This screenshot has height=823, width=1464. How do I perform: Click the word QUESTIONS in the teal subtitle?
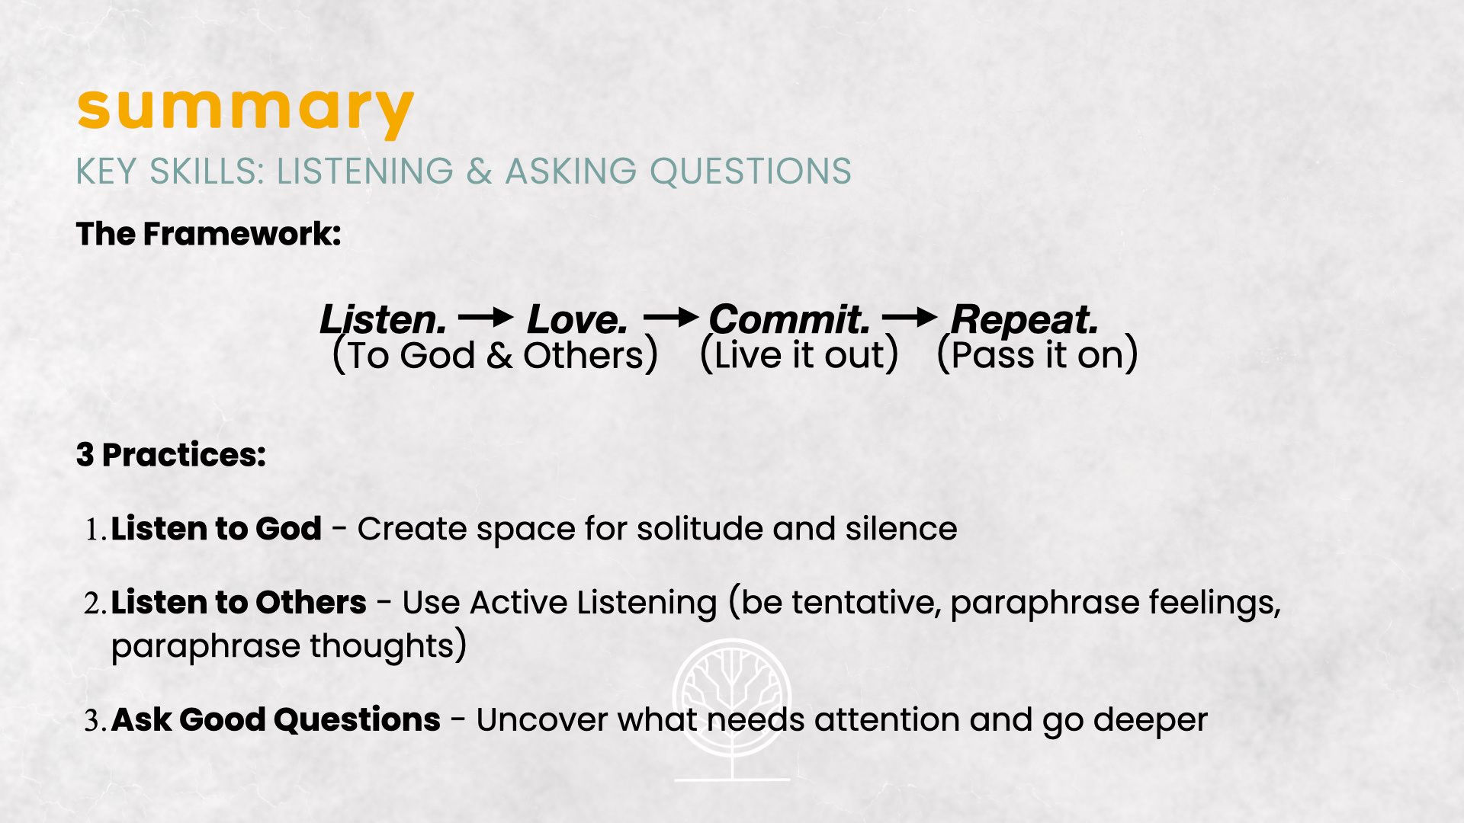click(x=750, y=171)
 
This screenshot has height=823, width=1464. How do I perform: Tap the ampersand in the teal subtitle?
click(x=479, y=171)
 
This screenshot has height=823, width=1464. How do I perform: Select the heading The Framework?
click(x=208, y=234)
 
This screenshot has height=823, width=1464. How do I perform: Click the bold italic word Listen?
click(x=383, y=319)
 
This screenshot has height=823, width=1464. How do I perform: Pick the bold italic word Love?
click(x=577, y=319)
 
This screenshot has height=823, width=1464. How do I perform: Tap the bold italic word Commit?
click(x=790, y=319)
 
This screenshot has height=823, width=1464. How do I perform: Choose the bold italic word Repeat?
click(x=1025, y=319)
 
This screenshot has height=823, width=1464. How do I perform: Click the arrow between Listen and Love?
click(x=486, y=317)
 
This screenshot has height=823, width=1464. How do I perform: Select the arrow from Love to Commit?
click(x=671, y=317)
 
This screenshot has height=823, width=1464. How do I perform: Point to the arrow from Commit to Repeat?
click(x=910, y=317)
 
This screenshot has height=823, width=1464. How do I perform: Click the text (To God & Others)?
click(x=496, y=356)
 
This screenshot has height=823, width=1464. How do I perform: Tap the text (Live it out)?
click(x=799, y=356)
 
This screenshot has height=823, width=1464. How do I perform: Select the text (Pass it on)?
click(x=1037, y=356)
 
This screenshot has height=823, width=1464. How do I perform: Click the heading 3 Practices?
click(x=171, y=455)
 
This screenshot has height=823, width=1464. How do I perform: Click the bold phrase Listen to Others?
click(x=239, y=602)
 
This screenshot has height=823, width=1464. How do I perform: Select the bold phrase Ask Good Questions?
click(x=276, y=719)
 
